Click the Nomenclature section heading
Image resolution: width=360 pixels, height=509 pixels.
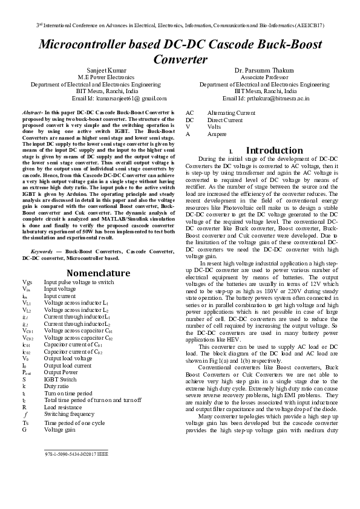coord(98,273)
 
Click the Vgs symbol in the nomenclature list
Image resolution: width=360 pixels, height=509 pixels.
coord(27,282)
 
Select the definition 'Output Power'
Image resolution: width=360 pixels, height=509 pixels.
coord(61,372)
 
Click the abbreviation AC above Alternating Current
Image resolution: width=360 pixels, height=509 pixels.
coord(189,113)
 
